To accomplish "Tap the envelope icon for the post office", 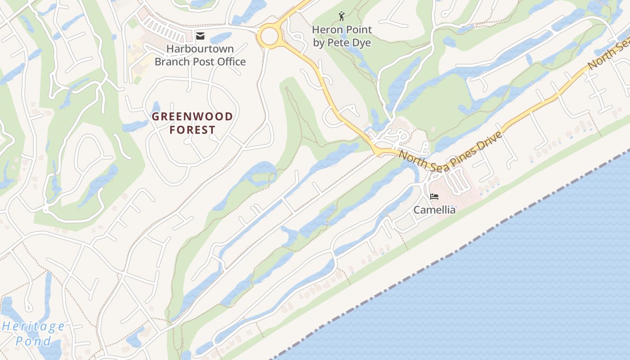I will [200, 36].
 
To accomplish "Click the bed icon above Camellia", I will [434, 197].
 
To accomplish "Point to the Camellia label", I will [434, 210].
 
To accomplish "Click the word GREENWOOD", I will [192, 117].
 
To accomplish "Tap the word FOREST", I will [192, 130].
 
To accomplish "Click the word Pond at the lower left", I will [34, 341].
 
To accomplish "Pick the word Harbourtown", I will [200, 49].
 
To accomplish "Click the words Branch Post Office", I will [200, 62].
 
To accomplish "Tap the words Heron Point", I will [342, 30].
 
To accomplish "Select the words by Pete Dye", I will [342, 43].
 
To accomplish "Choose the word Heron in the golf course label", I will [327, 30].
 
